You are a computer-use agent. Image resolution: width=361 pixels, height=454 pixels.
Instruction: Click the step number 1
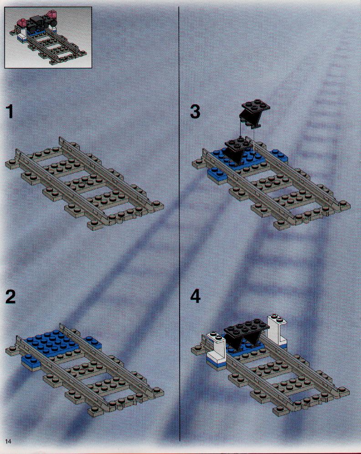coord(10,112)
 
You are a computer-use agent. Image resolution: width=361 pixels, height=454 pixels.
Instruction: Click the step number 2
coord(10,296)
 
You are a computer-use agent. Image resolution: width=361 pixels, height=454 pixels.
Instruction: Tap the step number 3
coord(195,112)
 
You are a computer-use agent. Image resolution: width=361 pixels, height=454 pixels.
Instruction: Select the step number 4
coord(196,296)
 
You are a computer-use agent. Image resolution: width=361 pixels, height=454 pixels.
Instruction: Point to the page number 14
coord(8,441)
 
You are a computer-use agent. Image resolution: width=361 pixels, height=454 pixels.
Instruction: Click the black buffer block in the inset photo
coord(37,24)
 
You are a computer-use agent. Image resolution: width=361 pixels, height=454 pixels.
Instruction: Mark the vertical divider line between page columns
coord(179,224)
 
